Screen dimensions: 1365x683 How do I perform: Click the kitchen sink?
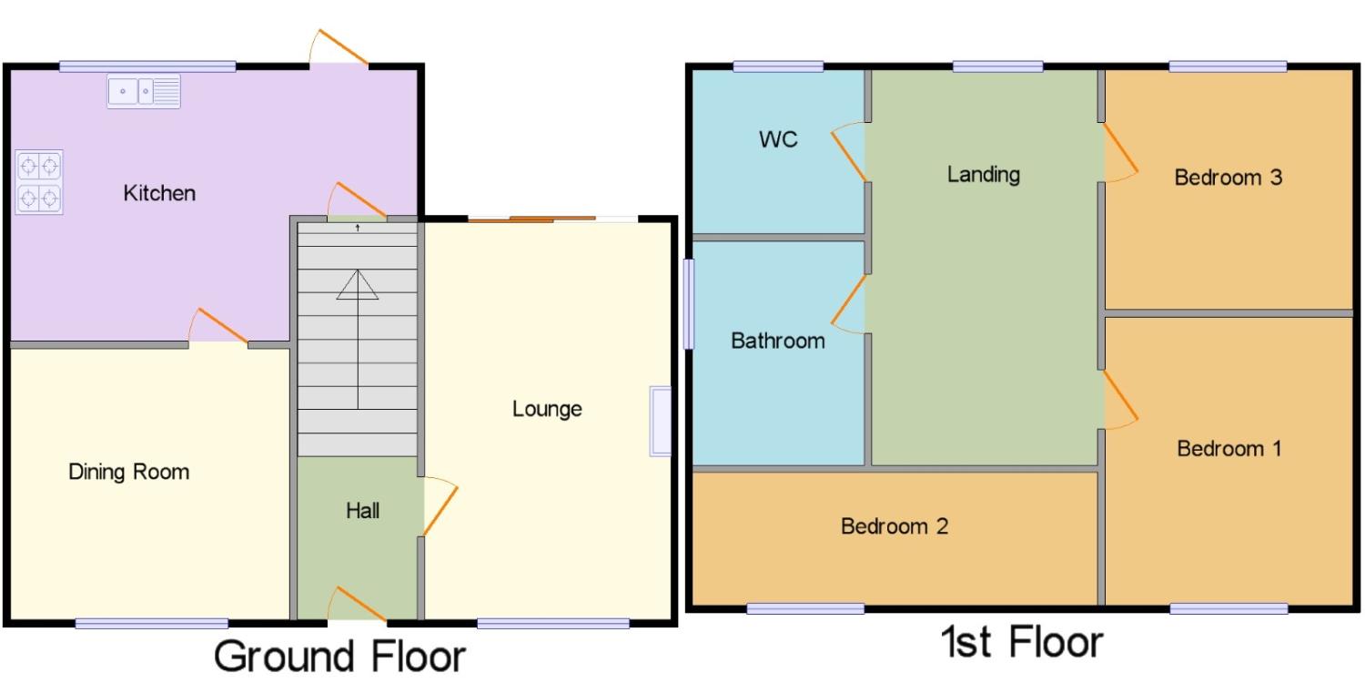point(144,91)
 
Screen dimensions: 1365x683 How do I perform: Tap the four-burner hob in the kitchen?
point(39,182)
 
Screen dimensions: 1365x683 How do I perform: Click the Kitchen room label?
point(159,193)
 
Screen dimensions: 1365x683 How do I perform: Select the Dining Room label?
point(128,472)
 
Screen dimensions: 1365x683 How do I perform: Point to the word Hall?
point(362,510)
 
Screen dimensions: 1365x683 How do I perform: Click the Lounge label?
point(547,409)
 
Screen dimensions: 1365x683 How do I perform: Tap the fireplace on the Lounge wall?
point(660,421)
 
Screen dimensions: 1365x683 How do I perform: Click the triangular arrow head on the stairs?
point(358,285)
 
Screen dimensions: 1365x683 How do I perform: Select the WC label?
point(778,139)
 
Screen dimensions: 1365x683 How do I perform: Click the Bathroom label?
point(777,341)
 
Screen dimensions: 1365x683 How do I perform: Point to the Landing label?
point(983,175)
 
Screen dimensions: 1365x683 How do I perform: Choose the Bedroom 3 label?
point(1228,178)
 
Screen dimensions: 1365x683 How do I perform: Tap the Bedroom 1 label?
point(1229,449)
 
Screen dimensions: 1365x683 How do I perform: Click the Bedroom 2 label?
point(894,526)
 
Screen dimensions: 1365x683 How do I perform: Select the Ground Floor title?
point(339,657)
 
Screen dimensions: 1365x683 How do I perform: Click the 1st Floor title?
point(1022,641)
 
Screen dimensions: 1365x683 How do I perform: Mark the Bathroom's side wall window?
point(689,304)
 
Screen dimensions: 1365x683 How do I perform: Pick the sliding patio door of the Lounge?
point(552,219)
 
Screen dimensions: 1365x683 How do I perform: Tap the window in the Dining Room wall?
point(152,623)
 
